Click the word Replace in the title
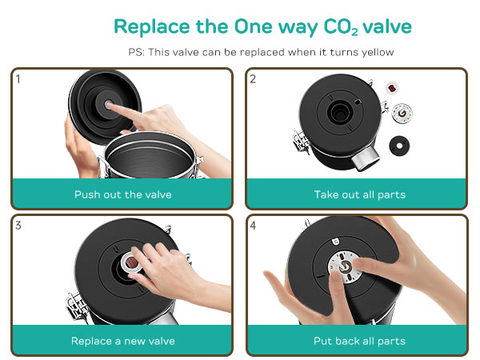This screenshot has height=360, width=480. tap(151, 27)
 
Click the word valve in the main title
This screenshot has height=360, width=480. tap(387, 26)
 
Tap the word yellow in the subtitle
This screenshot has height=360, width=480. tap(378, 52)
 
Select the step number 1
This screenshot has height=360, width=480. tap(18, 79)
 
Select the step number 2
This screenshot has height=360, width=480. tap(253, 79)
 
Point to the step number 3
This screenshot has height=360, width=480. tap(18, 226)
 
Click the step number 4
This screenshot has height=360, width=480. tap(253, 226)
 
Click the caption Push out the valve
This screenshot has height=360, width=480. tap(122, 194)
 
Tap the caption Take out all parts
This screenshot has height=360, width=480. tap(360, 194)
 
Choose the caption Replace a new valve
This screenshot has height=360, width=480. tap(122, 341)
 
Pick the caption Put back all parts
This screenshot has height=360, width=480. tap(359, 341)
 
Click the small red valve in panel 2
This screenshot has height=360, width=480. tap(392, 89)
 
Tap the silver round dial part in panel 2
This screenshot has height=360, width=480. tap(402, 114)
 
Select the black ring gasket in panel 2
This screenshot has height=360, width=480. tap(399, 146)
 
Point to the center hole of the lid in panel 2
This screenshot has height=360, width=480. tap(339, 112)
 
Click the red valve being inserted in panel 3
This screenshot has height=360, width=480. tap(132, 262)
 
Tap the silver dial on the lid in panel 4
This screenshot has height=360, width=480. tap(344, 267)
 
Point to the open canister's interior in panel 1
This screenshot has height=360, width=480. tap(150, 160)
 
